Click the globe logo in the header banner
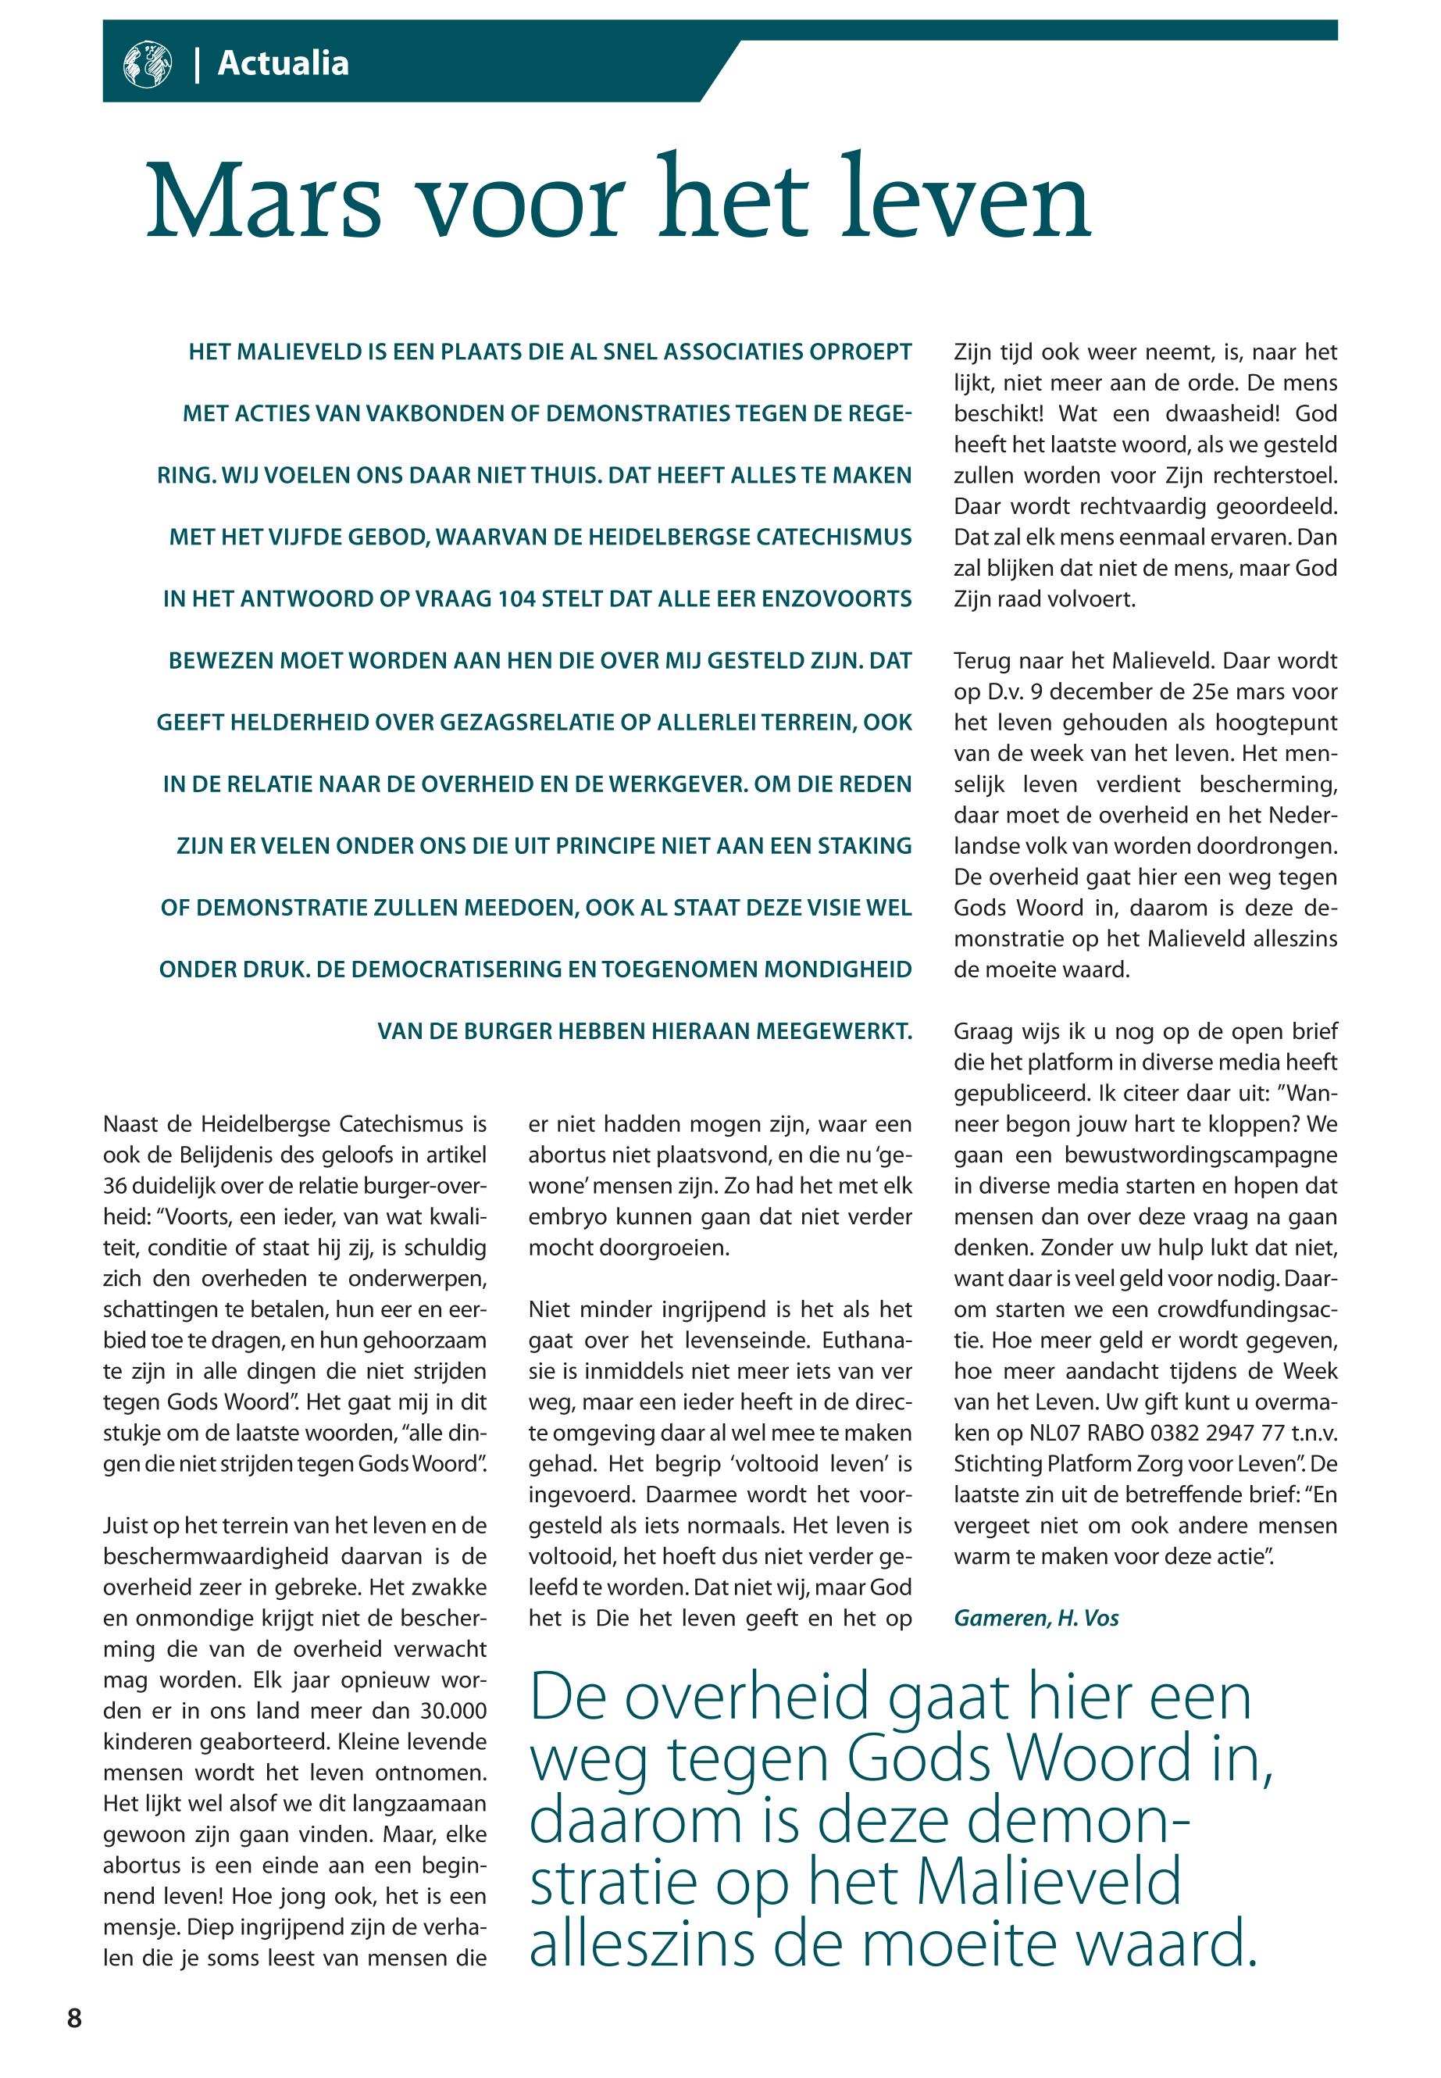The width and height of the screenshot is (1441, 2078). point(146,64)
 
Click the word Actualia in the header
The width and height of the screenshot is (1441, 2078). point(283,63)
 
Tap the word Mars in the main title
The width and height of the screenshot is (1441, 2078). point(264,202)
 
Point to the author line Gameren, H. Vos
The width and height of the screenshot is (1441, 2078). point(1036,1617)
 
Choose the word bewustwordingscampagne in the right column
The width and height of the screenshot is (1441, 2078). point(1201,1155)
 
